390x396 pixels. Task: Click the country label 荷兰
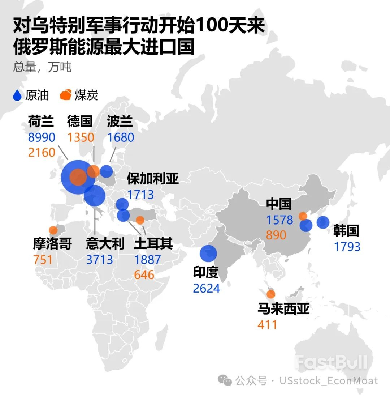click(x=41, y=122)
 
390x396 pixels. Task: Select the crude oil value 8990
click(x=42, y=137)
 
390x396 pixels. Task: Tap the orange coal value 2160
click(x=42, y=152)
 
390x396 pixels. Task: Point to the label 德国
click(x=80, y=122)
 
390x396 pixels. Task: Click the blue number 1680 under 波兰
click(x=121, y=137)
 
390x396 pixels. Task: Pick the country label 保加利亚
click(x=153, y=179)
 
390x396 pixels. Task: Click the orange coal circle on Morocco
click(x=53, y=230)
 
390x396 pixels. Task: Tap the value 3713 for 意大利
click(x=99, y=260)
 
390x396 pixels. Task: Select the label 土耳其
click(x=153, y=244)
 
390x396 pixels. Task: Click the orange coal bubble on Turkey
click(x=140, y=220)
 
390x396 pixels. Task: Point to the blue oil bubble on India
click(x=208, y=253)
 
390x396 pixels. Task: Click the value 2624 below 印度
click(x=206, y=289)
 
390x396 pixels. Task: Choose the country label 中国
click(x=279, y=204)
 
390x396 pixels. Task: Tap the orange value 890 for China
click(x=276, y=235)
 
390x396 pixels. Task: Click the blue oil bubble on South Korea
click(x=323, y=222)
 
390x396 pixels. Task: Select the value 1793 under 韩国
click(x=347, y=247)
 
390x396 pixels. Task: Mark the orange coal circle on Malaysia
click(x=270, y=294)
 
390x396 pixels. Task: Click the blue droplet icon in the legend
click(x=18, y=95)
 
